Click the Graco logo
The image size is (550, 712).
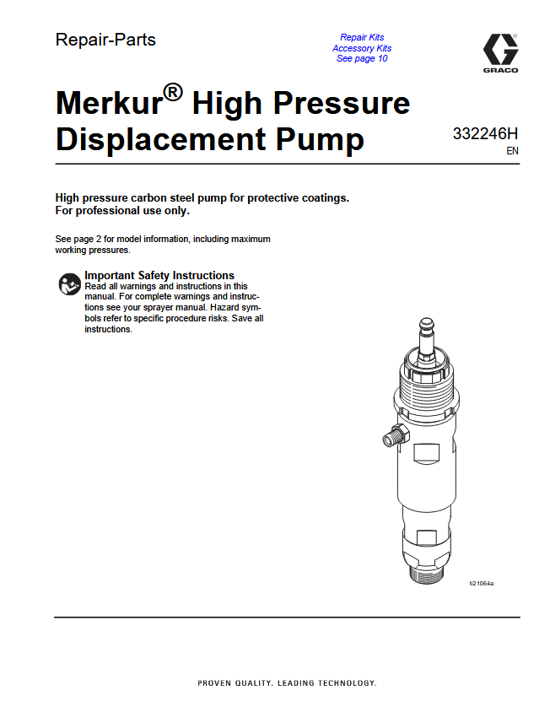coord(500,53)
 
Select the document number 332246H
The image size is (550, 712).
coord(485,134)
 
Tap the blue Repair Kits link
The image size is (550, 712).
coord(362,37)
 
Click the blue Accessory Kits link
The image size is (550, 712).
coord(362,48)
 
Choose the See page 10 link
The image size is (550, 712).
coord(362,58)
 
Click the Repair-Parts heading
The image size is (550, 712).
coord(105,40)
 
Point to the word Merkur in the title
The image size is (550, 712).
coord(109,103)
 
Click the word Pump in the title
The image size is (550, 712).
coord(320,140)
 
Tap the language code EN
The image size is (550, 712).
coord(512,151)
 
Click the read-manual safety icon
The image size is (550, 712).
coord(69,284)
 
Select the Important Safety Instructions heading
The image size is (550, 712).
coord(159,275)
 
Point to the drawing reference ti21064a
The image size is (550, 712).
coord(482,584)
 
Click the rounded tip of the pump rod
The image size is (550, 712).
coord(426,324)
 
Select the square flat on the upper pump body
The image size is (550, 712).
coord(427,454)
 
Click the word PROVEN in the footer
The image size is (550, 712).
coord(214,683)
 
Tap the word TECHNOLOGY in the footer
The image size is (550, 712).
coord(347,683)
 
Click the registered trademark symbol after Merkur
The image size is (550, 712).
coord(173,92)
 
